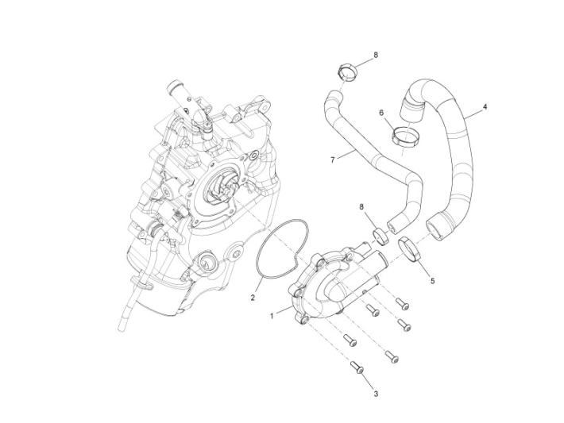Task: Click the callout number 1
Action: click(x=272, y=315)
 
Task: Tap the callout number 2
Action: click(x=253, y=298)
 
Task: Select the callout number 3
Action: click(x=376, y=392)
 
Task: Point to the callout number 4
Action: click(x=485, y=106)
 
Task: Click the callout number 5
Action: click(x=434, y=280)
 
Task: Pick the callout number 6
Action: click(x=382, y=113)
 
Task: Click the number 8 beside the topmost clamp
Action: click(x=376, y=55)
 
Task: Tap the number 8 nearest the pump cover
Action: click(x=362, y=207)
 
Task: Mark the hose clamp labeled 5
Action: click(x=409, y=248)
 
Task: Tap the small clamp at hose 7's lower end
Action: click(x=380, y=235)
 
